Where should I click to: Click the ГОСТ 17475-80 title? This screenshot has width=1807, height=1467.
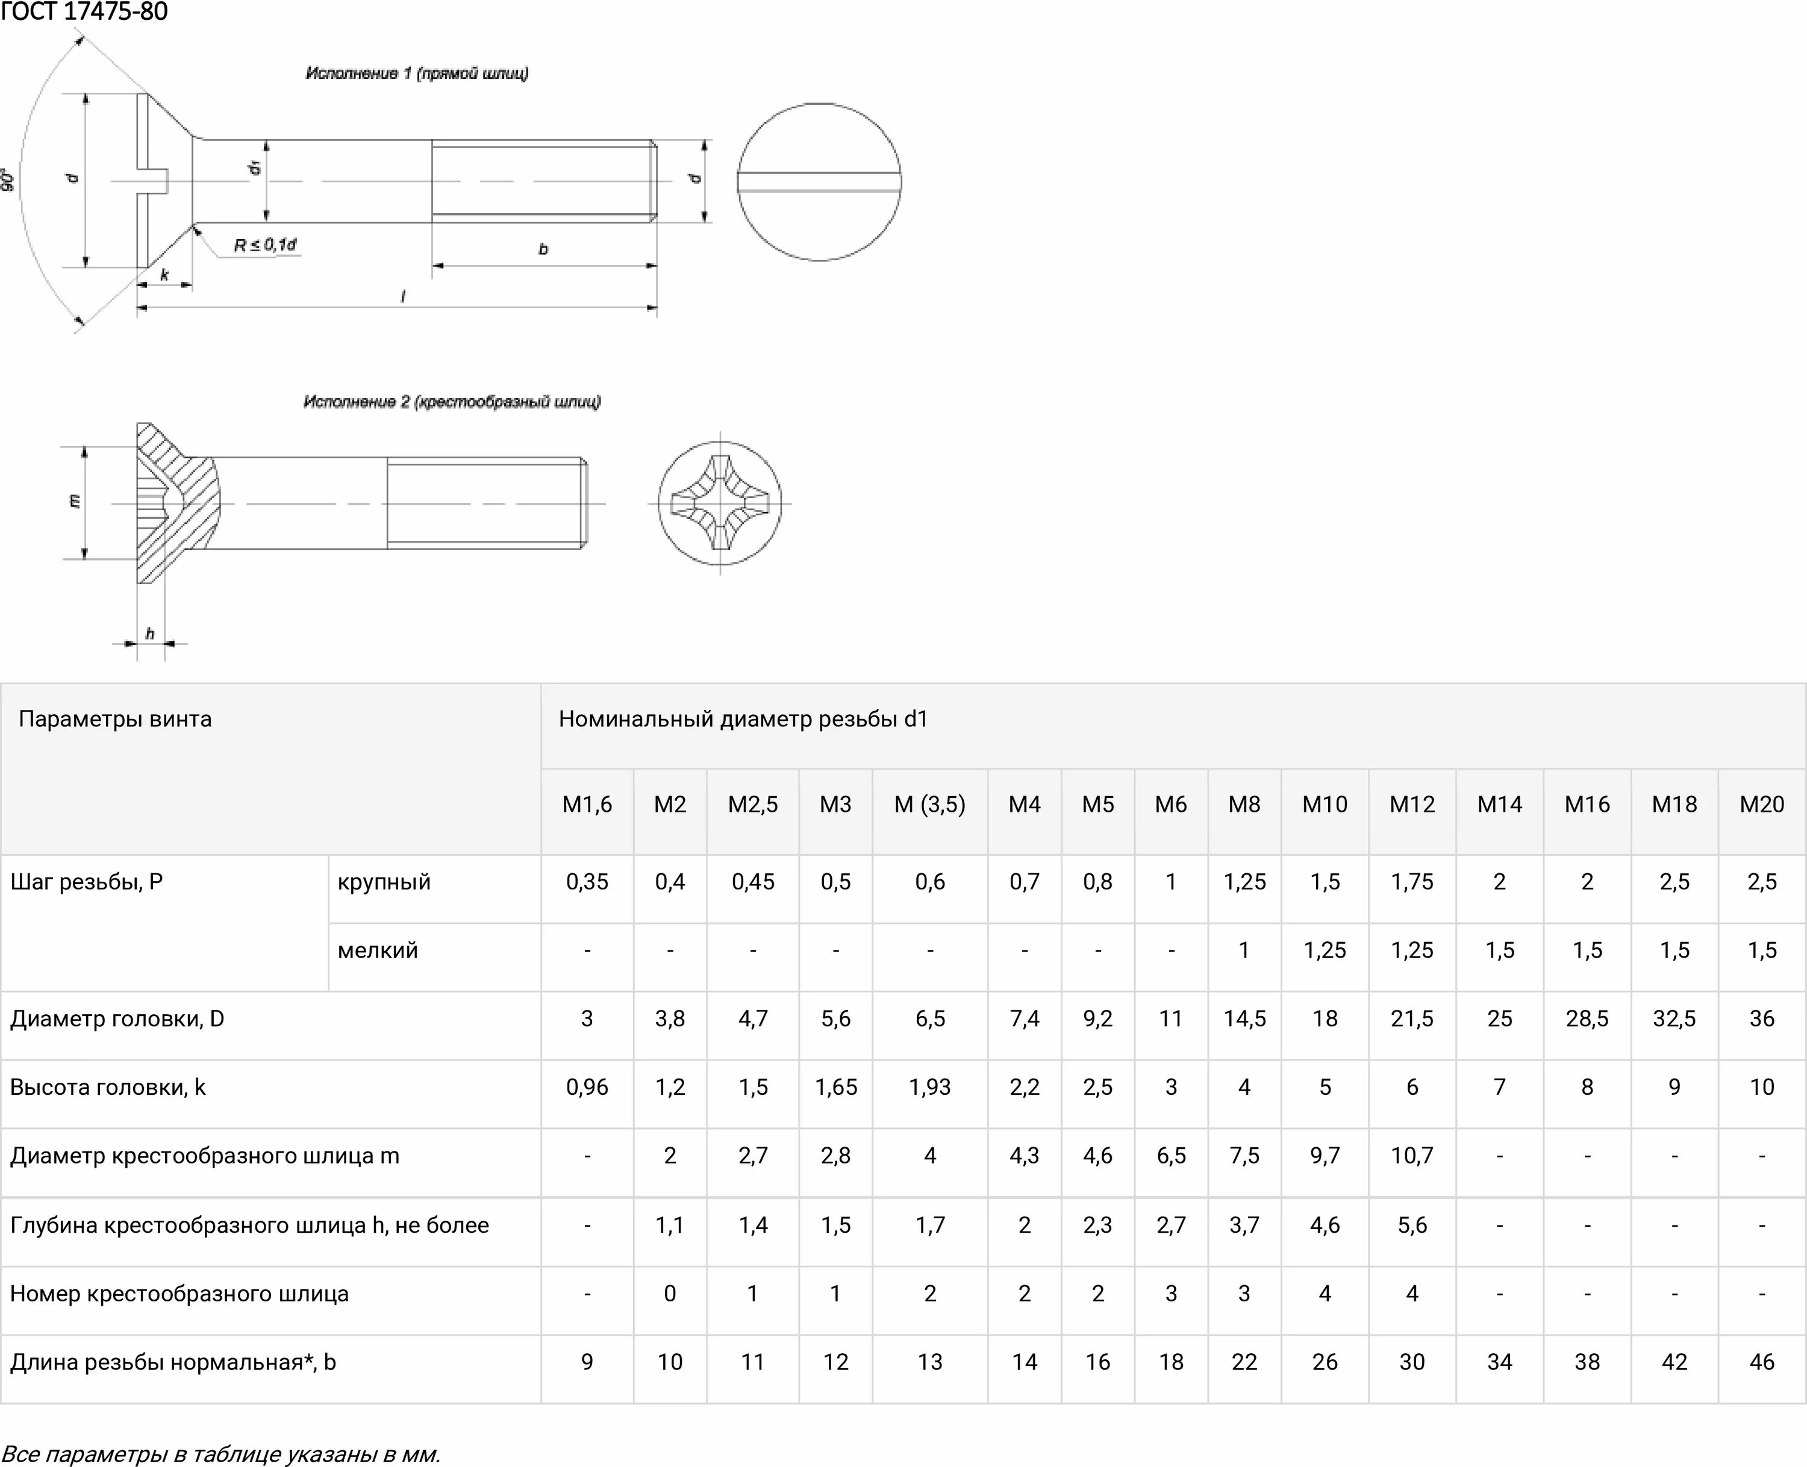84,12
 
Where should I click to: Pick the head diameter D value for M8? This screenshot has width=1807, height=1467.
1244,1018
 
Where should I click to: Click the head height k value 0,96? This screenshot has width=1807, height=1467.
587,1087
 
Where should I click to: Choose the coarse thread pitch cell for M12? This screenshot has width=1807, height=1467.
1411,882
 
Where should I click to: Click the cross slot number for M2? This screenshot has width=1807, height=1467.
669,1293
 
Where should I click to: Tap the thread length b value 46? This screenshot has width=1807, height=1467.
1761,1362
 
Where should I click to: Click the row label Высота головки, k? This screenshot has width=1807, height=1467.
108,1087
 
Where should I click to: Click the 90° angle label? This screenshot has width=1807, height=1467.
8,180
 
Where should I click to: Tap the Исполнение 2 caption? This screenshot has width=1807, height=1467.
452,402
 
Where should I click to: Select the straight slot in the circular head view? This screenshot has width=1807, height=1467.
819,182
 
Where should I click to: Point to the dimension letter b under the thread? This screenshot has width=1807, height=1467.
543,249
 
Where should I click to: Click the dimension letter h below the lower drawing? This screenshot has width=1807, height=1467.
149,633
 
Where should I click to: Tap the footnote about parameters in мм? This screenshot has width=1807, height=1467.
222,1454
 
